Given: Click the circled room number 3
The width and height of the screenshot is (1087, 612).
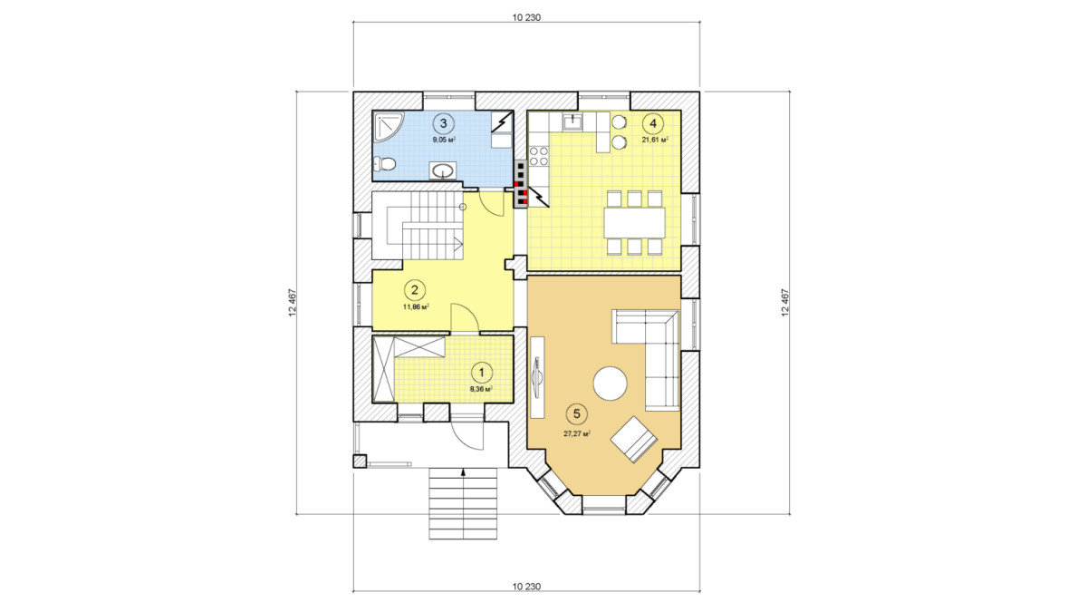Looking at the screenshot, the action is (x=443, y=123).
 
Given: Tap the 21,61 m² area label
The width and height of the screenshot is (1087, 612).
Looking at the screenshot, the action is (x=655, y=140).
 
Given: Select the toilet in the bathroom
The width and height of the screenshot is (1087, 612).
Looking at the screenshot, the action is (x=384, y=164).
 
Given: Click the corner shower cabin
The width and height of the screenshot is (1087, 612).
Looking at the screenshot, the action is (x=388, y=126).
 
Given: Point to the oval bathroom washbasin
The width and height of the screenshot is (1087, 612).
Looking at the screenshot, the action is (x=443, y=170).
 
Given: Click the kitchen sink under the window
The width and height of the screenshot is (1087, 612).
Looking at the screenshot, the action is (x=573, y=121).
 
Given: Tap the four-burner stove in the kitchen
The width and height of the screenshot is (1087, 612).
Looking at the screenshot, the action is (x=538, y=156).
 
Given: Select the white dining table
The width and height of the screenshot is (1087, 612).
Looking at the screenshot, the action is (x=634, y=223).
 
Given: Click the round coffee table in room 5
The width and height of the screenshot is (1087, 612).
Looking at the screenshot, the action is (x=611, y=384).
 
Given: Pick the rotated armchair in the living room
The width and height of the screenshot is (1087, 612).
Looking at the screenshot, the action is (x=634, y=440).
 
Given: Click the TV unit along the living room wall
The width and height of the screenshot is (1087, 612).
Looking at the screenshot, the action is (x=537, y=377).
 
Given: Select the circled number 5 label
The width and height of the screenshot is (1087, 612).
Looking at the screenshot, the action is (x=576, y=413).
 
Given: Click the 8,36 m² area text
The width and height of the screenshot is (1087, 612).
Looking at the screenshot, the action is (x=481, y=389).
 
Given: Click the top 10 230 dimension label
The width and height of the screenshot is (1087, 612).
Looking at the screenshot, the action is (x=526, y=17).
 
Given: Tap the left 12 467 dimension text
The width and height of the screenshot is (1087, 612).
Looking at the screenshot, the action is (x=292, y=303).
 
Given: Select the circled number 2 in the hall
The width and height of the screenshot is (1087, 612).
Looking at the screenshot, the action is (x=415, y=290).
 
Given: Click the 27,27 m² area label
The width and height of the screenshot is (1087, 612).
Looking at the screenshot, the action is (x=576, y=434).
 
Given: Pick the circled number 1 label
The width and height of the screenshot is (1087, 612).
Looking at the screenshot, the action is (x=481, y=373).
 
